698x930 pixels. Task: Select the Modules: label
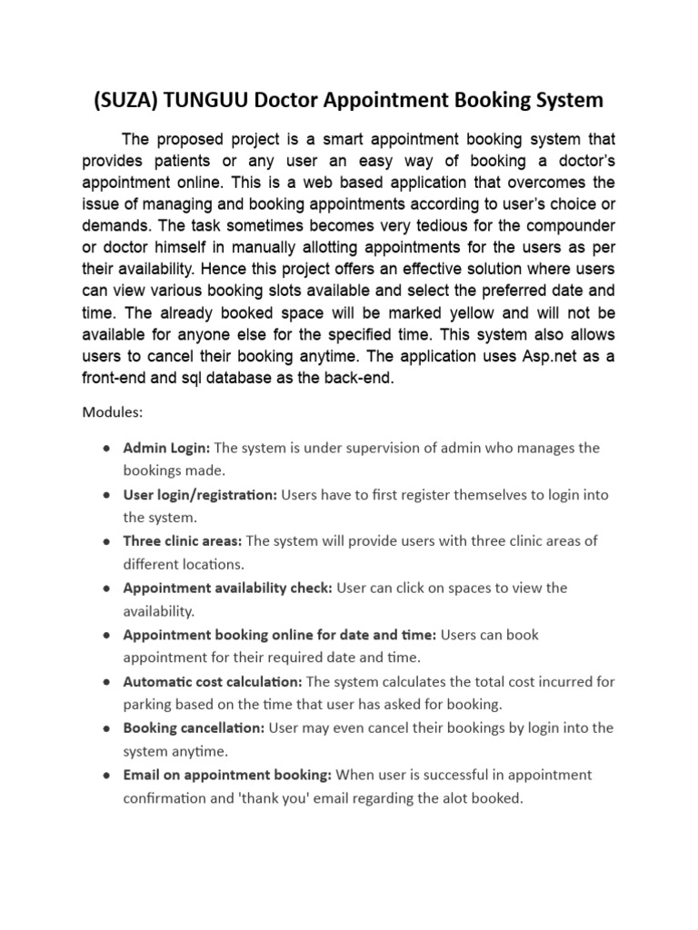point(113,411)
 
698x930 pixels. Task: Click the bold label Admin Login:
point(166,448)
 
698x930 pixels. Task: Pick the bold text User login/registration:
point(200,495)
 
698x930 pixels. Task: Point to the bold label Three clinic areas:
point(182,541)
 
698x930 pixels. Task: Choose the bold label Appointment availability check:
point(227,588)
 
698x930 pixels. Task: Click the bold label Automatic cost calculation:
point(214,681)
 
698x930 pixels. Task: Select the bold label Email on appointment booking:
point(228,775)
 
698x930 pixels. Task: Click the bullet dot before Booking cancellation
point(107,728)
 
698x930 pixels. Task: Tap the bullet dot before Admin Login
point(107,449)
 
